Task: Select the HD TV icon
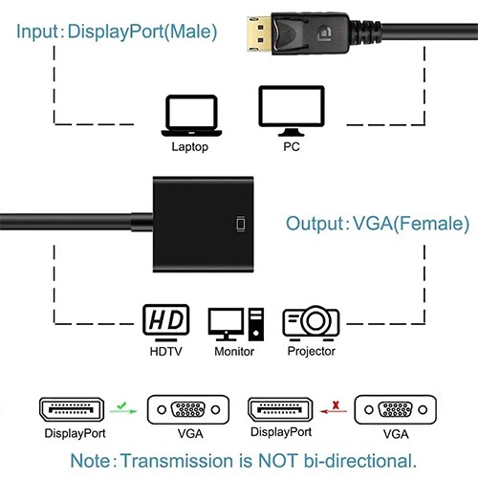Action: [165, 322]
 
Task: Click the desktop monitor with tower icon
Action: [235, 324]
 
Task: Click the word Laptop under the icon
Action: [189, 147]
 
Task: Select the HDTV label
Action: [165, 352]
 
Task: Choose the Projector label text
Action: [312, 352]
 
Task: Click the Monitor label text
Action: [234, 352]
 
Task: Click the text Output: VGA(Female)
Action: [377, 225]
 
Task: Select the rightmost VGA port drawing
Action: [388, 409]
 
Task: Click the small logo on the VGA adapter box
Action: [239, 226]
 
